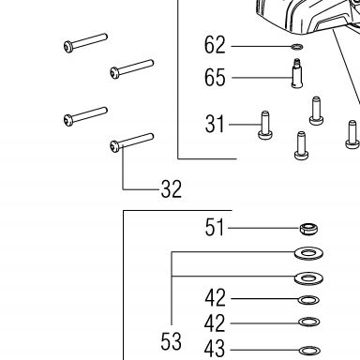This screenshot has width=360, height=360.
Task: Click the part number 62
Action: point(215,45)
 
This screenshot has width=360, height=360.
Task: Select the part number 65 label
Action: point(215,78)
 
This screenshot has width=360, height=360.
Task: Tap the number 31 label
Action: point(215,124)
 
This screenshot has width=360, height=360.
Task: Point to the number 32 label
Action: point(172,189)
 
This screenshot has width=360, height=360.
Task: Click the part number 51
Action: point(215,227)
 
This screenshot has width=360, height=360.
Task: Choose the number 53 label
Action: point(171,341)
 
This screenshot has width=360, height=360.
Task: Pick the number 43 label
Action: point(215,349)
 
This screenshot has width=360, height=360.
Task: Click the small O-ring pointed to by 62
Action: point(297,47)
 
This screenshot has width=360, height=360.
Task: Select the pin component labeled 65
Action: point(297,73)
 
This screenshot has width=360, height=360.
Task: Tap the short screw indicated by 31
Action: point(265,126)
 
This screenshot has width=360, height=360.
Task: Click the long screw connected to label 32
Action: point(131,142)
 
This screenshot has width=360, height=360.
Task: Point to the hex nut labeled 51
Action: point(308,229)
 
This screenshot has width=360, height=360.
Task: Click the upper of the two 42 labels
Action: point(215,298)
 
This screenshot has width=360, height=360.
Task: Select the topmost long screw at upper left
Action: point(85,43)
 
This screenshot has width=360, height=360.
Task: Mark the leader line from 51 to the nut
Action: point(264,228)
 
